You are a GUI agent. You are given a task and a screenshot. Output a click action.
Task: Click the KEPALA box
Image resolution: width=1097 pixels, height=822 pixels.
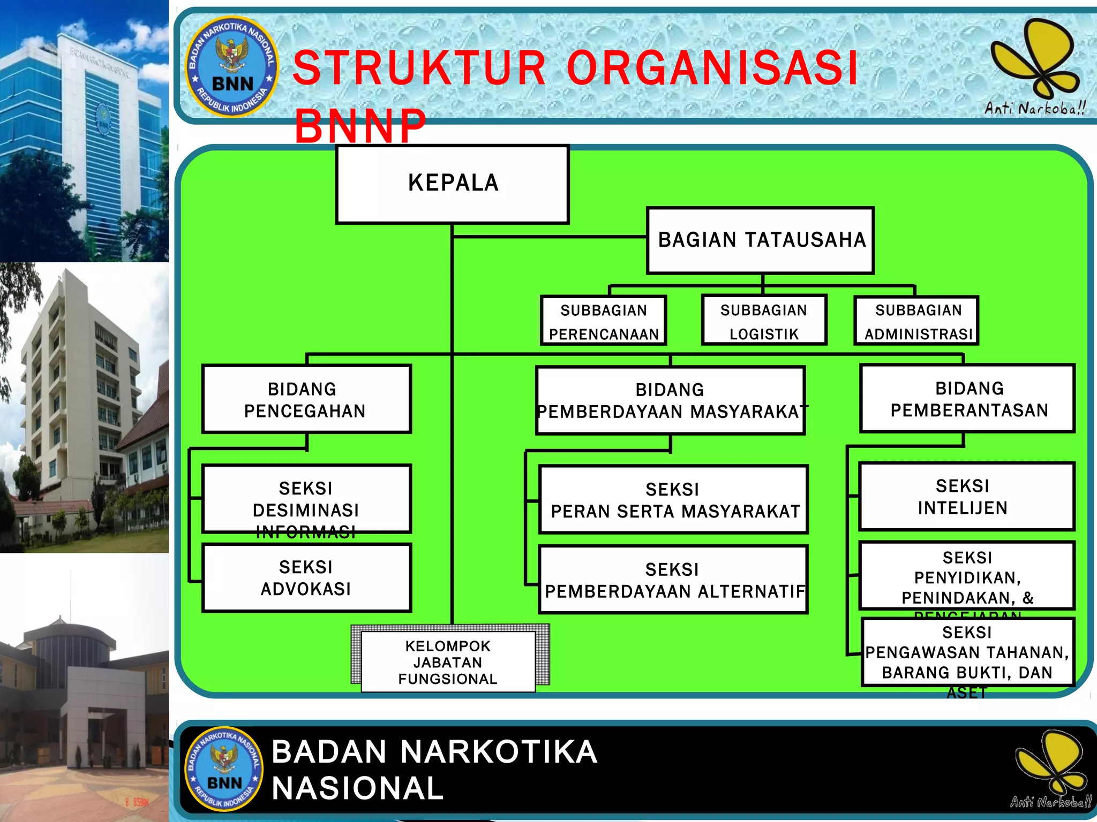click(453, 184)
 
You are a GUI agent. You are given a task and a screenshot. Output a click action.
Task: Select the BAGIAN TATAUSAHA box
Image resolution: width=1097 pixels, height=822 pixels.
click(761, 240)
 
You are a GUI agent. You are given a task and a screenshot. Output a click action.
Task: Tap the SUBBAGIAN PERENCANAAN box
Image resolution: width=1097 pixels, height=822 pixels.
click(604, 321)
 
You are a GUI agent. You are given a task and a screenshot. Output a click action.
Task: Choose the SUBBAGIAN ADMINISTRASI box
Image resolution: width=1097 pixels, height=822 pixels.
click(917, 321)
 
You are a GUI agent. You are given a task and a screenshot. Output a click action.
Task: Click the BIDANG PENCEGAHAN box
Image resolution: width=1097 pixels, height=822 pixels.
click(306, 399)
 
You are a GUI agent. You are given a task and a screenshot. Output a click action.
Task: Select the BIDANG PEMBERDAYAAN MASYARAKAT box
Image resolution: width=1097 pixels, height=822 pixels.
click(671, 400)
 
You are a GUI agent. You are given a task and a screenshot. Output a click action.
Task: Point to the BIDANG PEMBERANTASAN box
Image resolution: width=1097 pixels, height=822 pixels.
click(968, 399)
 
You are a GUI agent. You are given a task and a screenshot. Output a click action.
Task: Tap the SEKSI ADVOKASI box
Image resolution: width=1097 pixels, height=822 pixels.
click(306, 578)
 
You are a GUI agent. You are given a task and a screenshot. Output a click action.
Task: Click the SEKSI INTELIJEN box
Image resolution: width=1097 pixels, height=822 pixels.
click(967, 497)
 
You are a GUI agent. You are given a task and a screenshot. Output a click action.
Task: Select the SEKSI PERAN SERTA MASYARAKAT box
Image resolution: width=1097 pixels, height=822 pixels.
click(673, 500)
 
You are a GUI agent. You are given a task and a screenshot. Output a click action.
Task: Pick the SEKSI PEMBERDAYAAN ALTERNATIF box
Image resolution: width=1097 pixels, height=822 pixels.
click(673, 580)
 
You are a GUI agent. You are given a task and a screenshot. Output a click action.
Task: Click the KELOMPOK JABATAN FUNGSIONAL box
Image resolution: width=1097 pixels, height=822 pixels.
click(448, 662)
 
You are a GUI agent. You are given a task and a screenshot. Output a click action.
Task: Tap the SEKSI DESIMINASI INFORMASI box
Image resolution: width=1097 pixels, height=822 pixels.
click(306, 499)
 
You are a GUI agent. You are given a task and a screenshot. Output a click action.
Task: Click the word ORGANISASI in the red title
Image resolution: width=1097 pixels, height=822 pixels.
click(712, 68)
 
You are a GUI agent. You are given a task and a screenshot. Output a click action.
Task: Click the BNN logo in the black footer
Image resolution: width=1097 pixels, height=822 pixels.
click(224, 768)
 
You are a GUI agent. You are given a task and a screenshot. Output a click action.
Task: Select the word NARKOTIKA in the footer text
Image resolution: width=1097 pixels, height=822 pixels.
click(498, 752)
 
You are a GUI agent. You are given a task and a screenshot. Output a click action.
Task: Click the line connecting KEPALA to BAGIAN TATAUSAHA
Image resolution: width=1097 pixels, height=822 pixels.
click(549, 236)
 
